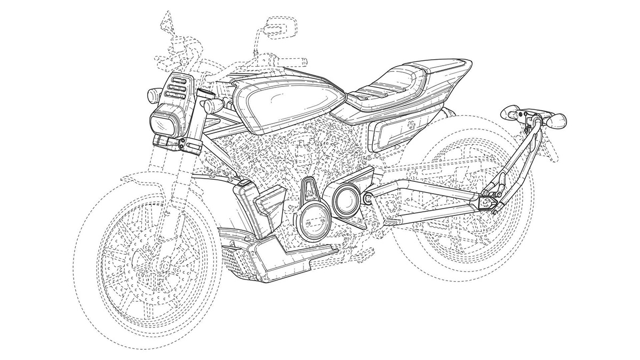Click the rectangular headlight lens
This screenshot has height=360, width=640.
pyautogui.click(x=162, y=124)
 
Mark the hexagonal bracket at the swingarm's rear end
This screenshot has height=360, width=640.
pyautogui.click(x=487, y=202)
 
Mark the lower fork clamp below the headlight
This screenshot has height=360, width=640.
pyautogui.click(x=172, y=142)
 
